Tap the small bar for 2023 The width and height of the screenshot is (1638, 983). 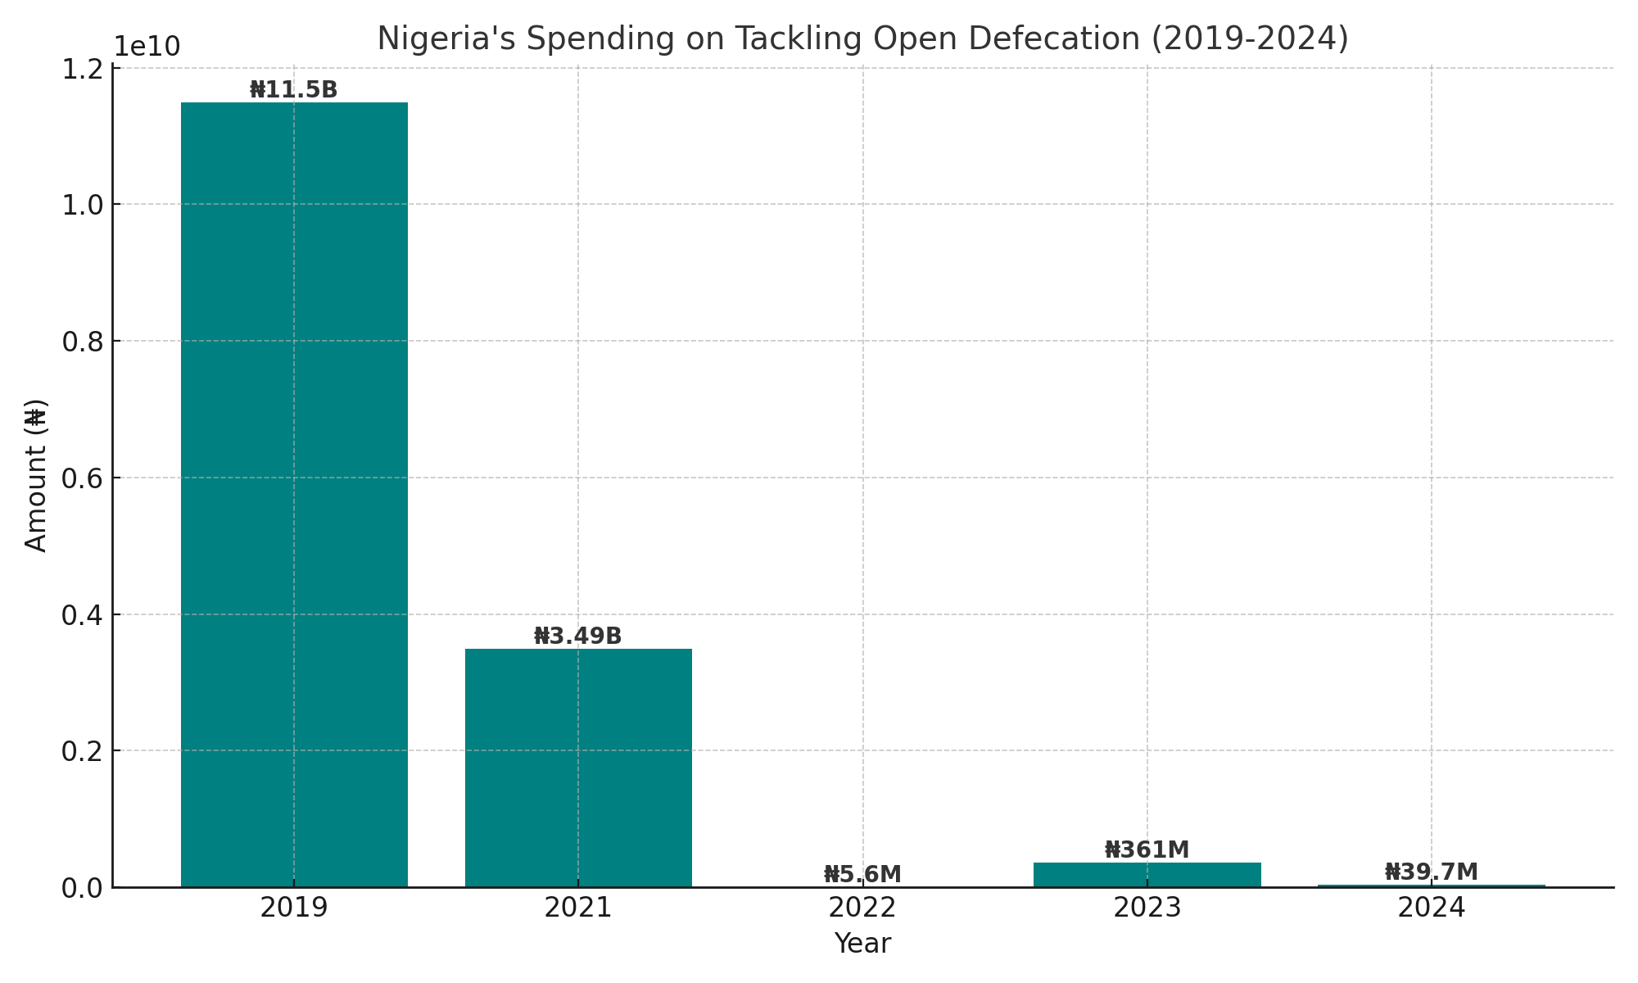point(1147,875)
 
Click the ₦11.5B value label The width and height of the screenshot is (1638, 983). point(293,90)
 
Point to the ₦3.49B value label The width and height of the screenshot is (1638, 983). point(578,636)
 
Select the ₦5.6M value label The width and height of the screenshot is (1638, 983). point(862,875)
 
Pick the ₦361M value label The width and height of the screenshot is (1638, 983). point(1147,850)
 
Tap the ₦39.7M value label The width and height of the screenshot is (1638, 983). point(1432,872)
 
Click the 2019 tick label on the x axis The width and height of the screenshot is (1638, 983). point(294,908)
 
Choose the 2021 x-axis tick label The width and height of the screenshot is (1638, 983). point(578,908)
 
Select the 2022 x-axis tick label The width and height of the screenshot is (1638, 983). point(862,908)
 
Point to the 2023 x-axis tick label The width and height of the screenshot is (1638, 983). point(1147,908)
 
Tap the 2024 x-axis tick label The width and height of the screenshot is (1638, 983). point(1432,908)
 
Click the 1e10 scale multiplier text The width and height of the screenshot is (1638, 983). point(147,48)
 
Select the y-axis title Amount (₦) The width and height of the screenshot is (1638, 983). point(36,475)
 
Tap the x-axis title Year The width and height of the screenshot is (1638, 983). point(862,944)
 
